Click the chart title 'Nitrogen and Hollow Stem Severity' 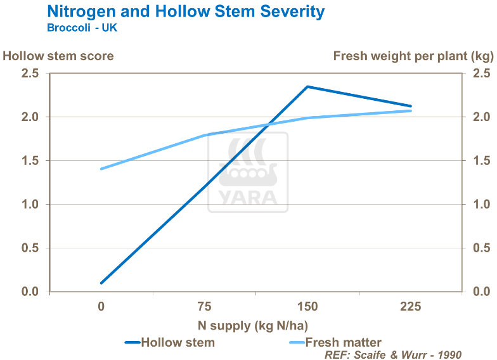pyautogui.click(x=186, y=11)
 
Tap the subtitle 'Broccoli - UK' pyautogui.click(x=82, y=28)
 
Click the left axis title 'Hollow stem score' pyautogui.click(x=58, y=56)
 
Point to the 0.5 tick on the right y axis pyautogui.click(x=475, y=248)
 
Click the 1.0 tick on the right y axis pyautogui.click(x=475, y=205)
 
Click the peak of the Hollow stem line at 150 pyautogui.click(x=307, y=86)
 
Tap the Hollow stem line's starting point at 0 pyautogui.click(x=101, y=283)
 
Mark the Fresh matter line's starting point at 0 pyautogui.click(x=101, y=169)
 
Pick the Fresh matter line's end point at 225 pyautogui.click(x=411, y=111)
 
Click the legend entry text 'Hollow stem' pyautogui.click(x=177, y=342)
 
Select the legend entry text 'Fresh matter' pyautogui.click(x=344, y=342)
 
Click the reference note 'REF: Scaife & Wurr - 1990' pyautogui.click(x=392, y=354)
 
